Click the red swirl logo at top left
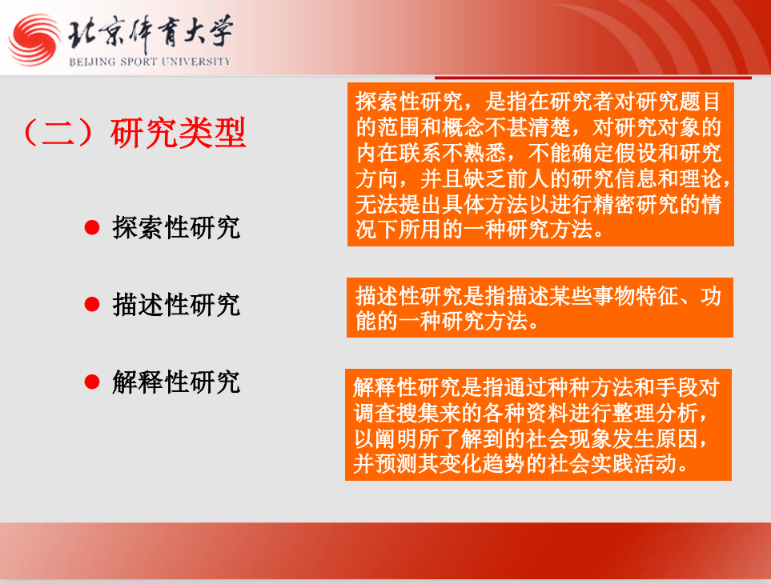pyautogui.click(x=33, y=41)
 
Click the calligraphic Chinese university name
pyautogui.click(x=151, y=33)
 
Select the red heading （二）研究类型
pyautogui.click(x=131, y=133)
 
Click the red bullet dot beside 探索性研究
pyautogui.click(x=92, y=228)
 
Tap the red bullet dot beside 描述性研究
pyautogui.click(x=92, y=305)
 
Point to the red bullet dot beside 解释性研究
pyautogui.click(x=92, y=382)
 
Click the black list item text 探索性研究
pyautogui.click(x=175, y=228)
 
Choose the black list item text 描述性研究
pyautogui.click(x=175, y=305)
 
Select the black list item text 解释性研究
pyautogui.click(x=175, y=382)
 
